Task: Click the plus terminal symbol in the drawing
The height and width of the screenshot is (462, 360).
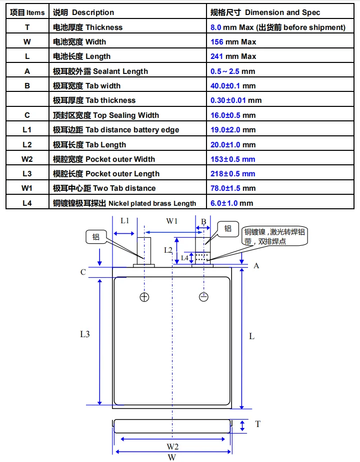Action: tap(144, 297)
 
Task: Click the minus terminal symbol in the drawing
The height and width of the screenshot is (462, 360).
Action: tap(203, 297)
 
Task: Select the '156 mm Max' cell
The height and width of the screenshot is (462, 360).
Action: tap(233, 42)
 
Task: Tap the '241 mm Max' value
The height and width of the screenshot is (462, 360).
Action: tap(233, 56)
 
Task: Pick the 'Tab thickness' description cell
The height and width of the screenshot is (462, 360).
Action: tap(94, 100)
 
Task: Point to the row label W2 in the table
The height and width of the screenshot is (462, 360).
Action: tap(27, 159)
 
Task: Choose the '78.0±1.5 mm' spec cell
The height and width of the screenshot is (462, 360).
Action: tap(233, 188)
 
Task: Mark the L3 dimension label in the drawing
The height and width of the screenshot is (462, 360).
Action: tap(84, 334)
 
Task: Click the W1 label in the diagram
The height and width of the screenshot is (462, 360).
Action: tap(171, 221)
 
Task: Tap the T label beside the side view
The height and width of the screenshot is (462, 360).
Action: tap(257, 424)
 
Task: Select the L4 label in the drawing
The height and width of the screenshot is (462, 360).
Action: tap(184, 258)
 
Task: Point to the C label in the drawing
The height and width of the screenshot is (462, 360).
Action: tap(83, 272)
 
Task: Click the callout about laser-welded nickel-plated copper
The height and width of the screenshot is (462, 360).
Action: tap(274, 236)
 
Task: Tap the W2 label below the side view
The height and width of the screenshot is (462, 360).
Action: tap(172, 447)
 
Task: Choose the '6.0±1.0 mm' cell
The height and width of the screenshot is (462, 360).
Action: tap(231, 203)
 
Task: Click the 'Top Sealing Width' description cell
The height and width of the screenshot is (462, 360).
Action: tap(105, 115)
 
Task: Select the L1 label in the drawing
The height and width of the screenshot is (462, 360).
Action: tap(125, 221)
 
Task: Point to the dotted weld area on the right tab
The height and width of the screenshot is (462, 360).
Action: tap(202, 257)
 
